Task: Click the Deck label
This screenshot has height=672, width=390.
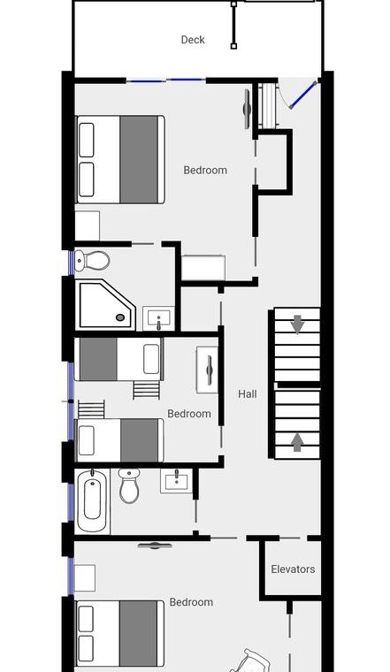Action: [193, 40]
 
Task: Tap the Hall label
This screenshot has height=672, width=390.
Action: [248, 394]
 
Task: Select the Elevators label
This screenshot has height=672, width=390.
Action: [293, 569]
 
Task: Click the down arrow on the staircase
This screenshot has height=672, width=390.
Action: [297, 325]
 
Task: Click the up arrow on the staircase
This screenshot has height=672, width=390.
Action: [297, 442]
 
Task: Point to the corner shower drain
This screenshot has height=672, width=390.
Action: [120, 317]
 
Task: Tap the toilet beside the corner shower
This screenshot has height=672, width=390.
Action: [92, 261]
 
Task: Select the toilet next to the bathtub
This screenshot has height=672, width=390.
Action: [129, 486]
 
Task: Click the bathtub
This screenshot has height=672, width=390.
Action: [92, 501]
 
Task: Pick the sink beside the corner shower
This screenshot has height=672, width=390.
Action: [158, 318]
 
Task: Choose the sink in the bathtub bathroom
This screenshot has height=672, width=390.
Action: [176, 481]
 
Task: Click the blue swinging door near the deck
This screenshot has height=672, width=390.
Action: [303, 95]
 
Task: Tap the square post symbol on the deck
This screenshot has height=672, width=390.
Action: [233, 46]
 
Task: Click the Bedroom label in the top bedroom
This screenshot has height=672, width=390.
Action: [205, 170]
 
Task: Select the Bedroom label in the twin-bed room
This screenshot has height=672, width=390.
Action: [189, 414]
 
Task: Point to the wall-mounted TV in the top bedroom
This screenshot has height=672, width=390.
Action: [248, 109]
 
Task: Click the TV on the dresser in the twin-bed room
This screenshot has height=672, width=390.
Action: [210, 370]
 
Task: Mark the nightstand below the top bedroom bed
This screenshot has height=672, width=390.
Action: [88, 225]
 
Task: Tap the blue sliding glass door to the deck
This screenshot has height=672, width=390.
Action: [166, 80]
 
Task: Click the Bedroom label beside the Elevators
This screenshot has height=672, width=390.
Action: [191, 602]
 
